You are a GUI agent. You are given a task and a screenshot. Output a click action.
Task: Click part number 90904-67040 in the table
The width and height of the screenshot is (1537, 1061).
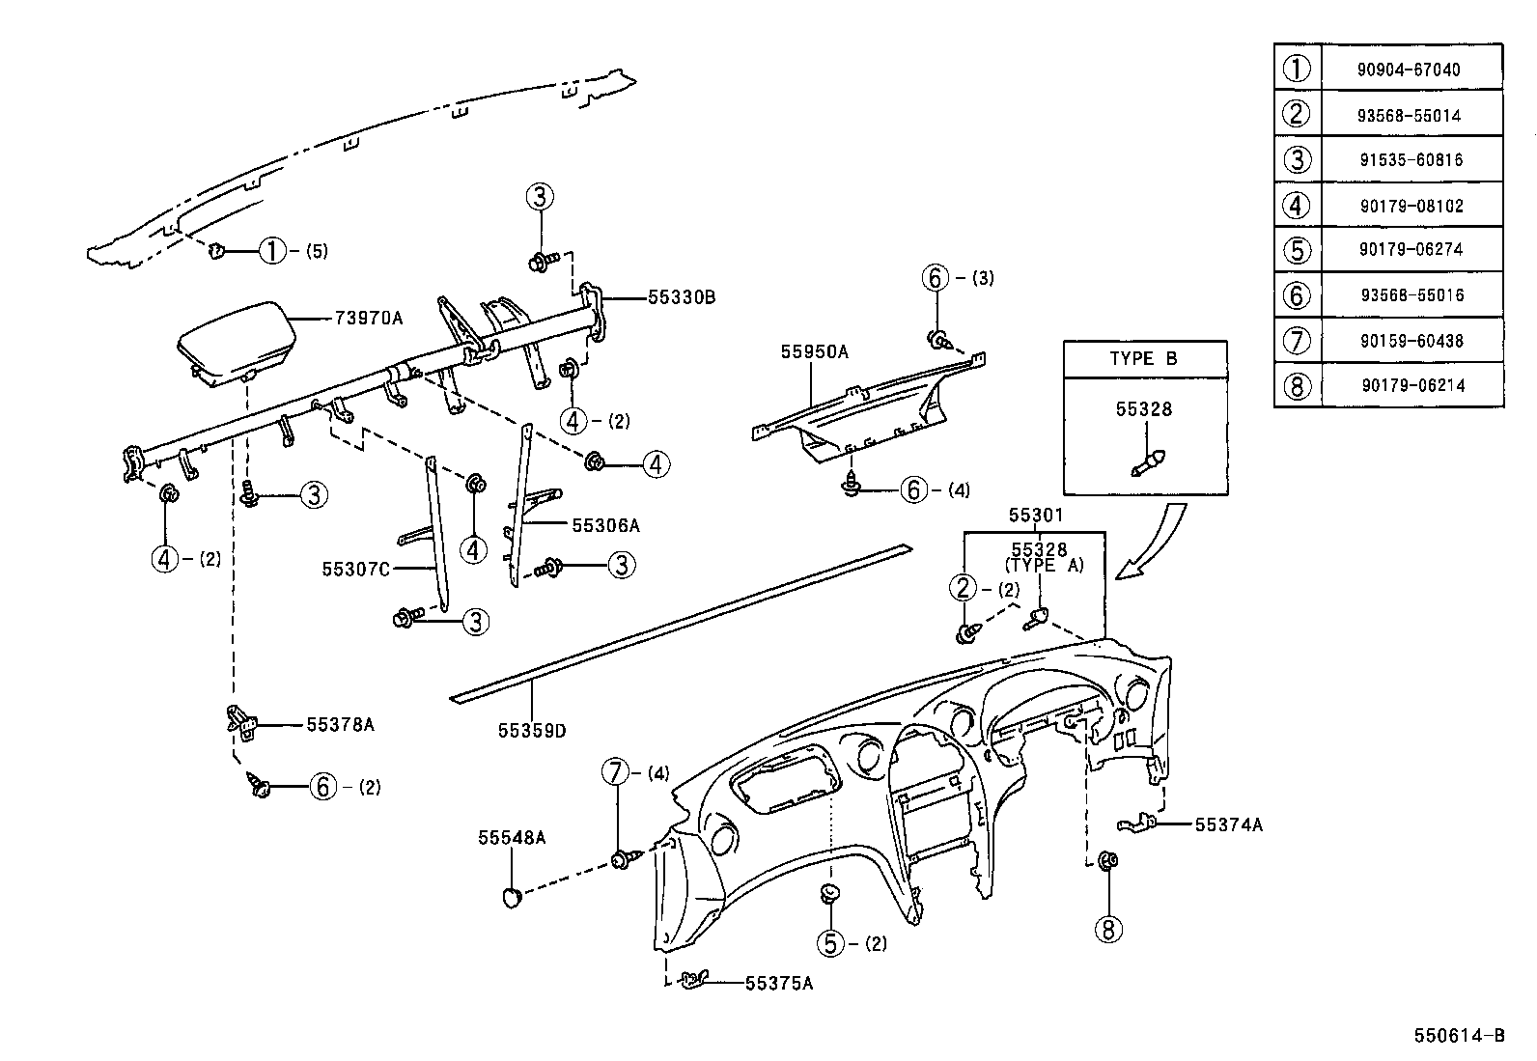(1411, 70)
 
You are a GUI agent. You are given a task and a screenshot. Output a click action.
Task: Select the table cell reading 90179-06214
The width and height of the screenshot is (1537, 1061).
(1412, 385)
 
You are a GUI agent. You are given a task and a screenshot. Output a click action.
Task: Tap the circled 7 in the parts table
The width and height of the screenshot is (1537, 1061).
(1297, 341)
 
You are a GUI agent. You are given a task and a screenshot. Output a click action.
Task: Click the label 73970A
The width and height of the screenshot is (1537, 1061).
(368, 317)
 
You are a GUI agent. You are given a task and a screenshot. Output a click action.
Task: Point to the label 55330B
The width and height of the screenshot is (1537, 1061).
(681, 297)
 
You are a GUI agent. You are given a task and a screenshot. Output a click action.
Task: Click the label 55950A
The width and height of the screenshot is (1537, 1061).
(814, 352)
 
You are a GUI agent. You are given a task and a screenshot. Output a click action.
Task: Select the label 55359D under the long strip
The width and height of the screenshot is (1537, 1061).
(532, 731)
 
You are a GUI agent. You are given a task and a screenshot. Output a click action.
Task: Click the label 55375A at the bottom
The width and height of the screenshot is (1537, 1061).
(779, 984)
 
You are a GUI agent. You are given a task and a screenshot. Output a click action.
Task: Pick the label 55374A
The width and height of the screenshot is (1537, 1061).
(1228, 824)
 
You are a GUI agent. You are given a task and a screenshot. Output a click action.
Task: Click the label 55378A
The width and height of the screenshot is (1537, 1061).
(340, 724)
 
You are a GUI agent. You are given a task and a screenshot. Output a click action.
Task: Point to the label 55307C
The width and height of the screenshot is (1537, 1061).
(355, 569)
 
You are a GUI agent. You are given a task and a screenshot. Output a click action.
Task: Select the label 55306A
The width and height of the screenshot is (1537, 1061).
(605, 525)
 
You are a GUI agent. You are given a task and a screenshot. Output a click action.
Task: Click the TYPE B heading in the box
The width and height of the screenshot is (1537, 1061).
(1144, 358)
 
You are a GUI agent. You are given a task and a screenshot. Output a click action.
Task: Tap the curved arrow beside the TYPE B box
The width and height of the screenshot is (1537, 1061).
(1155, 546)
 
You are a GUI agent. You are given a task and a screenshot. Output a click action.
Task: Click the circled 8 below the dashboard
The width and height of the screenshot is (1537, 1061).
(1107, 929)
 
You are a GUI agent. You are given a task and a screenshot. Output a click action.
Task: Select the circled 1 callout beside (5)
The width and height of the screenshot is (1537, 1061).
(273, 252)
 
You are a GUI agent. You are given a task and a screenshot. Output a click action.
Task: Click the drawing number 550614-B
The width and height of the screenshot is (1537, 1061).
(1459, 1036)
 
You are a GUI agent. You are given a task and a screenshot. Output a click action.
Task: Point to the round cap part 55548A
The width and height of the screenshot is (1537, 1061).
(513, 898)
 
